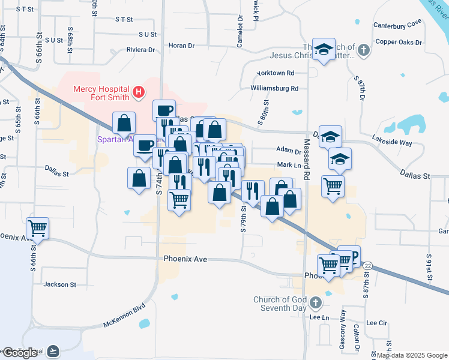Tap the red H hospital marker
point(139,92)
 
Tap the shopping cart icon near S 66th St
point(38,227)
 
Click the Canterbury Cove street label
point(397,25)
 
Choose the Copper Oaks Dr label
point(399,43)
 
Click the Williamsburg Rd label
point(274,88)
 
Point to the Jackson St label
point(59,284)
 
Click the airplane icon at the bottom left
point(53,350)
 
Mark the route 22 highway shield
point(367,265)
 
